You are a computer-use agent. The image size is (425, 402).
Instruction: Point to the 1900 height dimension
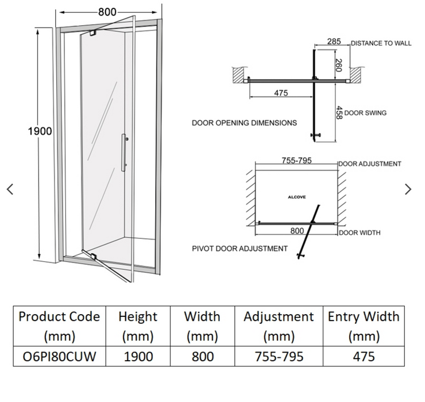(x=40, y=131)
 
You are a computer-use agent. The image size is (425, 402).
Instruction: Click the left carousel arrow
(x=10, y=189)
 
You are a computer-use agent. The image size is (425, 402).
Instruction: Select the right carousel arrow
(x=408, y=189)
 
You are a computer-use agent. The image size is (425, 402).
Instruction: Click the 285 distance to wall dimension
(x=334, y=41)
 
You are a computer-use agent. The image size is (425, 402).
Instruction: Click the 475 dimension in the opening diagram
(x=280, y=94)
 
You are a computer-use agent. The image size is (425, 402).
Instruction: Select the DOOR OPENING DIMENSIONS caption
(x=244, y=123)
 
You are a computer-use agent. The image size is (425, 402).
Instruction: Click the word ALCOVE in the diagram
(x=296, y=197)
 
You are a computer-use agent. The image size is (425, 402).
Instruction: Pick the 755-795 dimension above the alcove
(x=296, y=161)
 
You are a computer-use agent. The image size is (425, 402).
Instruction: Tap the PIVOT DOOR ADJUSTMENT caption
(x=240, y=249)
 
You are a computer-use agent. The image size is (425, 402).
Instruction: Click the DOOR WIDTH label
(x=359, y=233)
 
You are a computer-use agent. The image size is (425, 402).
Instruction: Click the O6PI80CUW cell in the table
(x=59, y=357)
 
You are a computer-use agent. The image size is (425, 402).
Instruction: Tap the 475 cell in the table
(x=363, y=357)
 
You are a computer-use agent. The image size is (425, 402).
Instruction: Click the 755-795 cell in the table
(x=279, y=357)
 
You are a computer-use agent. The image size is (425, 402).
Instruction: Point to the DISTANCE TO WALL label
(x=381, y=43)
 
